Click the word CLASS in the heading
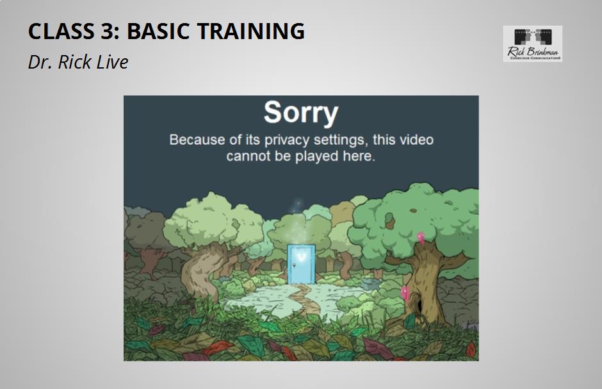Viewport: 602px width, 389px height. [61, 31]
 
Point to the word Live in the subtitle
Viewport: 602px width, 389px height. [112, 62]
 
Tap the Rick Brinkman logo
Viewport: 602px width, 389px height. [532, 44]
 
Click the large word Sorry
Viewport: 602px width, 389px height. [301, 113]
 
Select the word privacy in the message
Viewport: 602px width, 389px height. [287, 140]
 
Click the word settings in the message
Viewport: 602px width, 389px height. [339, 140]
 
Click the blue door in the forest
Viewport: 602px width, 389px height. [302, 265]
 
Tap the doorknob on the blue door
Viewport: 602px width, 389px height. [293, 265]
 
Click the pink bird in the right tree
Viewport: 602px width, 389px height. [421, 238]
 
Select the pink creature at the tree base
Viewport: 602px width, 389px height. [405, 294]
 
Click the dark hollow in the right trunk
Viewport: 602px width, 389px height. [419, 305]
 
